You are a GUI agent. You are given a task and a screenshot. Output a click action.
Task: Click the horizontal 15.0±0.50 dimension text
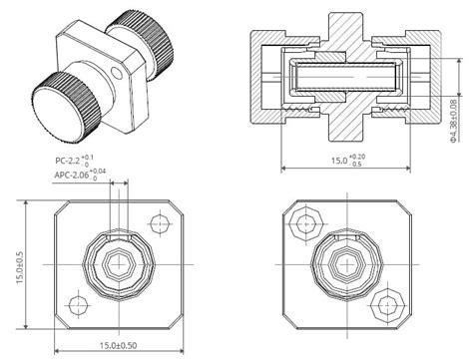(x=119, y=345)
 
